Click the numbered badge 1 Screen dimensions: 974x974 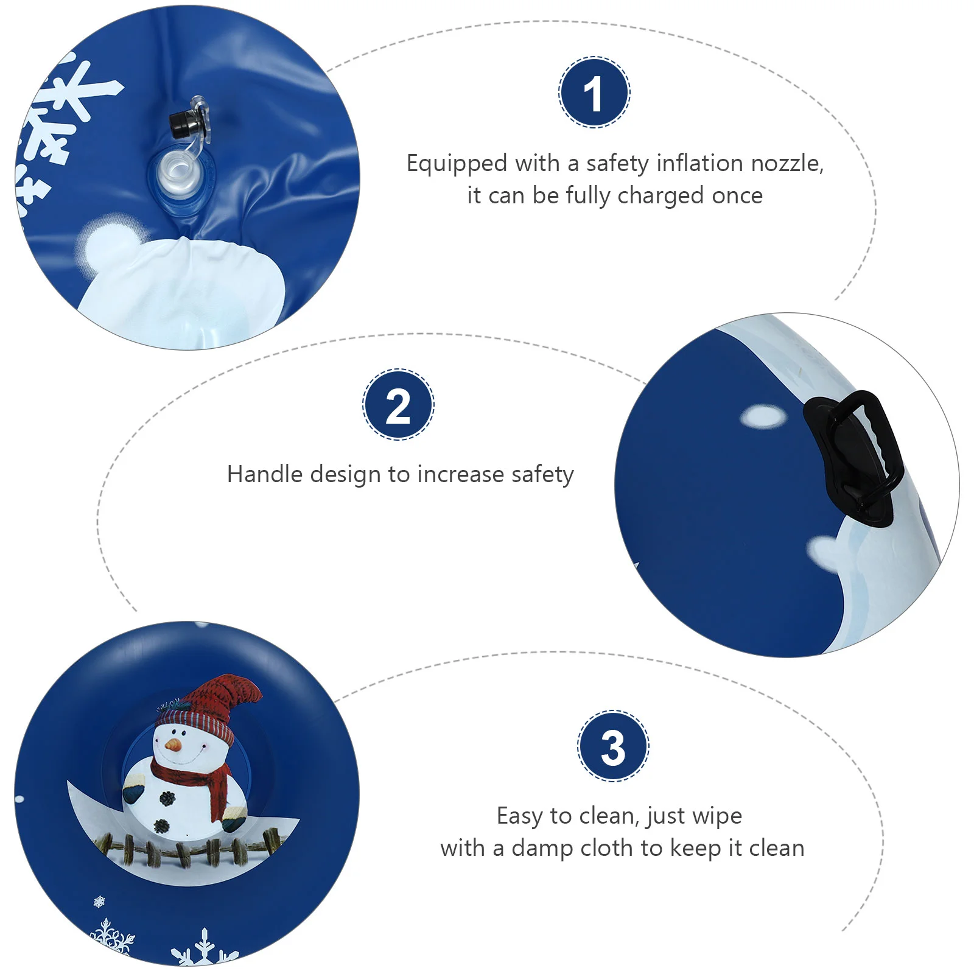tap(594, 93)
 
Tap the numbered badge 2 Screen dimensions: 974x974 tap(398, 405)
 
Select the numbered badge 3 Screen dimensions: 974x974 tap(613, 746)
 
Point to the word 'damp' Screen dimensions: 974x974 tap(541, 849)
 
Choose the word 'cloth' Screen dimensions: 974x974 tap(609, 848)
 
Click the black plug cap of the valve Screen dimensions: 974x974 tap(181, 125)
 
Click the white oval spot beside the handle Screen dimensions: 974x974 tap(763, 416)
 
